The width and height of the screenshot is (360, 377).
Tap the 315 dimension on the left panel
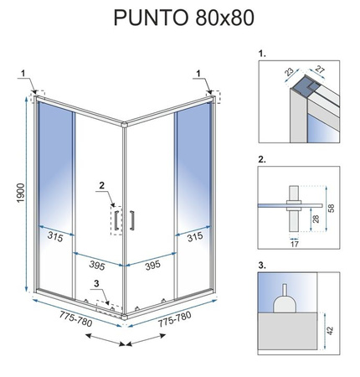(54, 238)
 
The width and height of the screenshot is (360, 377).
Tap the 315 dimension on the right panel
(193, 238)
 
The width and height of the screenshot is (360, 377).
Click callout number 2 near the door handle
(101, 186)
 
